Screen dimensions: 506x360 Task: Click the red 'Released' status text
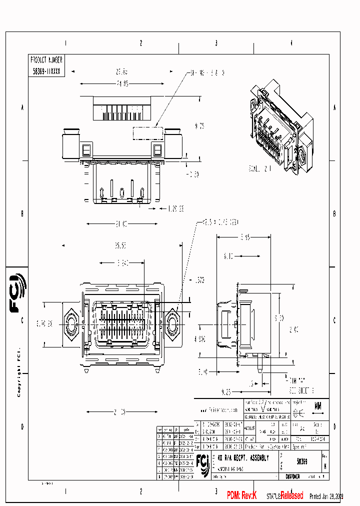pyautogui.click(x=291, y=495)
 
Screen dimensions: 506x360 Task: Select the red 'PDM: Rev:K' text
pyautogui.click(x=241, y=495)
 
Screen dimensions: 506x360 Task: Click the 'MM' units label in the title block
pyautogui.click(x=317, y=406)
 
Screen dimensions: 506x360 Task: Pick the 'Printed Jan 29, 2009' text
pyautogui.click(x=326, y=496)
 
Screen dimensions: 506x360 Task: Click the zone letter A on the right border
pyautogui.click(x=334, y=107)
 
